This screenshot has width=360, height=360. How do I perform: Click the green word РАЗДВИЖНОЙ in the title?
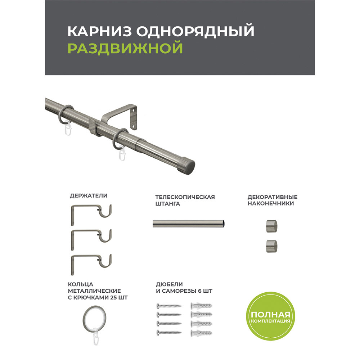pos(125,48)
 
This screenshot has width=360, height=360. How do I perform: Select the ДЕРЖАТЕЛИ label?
pos(89,196)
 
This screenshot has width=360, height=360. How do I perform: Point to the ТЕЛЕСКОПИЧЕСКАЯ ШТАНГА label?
pos(185,200)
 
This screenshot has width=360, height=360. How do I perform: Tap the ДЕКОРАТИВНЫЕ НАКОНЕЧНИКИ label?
pos(273,200)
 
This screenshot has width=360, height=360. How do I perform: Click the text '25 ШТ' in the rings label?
pos(119,298)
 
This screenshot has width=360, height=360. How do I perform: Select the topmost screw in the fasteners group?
pos(169,306)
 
